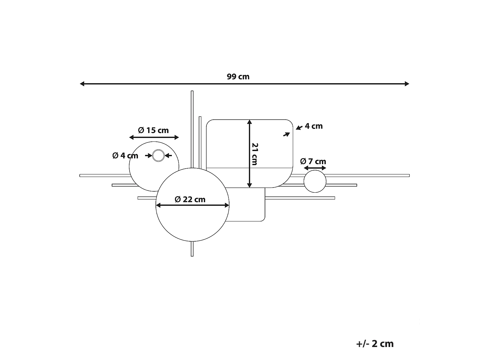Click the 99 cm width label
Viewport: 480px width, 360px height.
coord(238,77)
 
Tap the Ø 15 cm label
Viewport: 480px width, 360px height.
coord(153,130)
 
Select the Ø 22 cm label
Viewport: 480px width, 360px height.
coord(190,199)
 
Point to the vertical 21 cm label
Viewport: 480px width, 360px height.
coord(255,154)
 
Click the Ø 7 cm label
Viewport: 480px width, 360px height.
coord(313,161)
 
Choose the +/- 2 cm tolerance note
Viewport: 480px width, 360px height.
coord(375,344)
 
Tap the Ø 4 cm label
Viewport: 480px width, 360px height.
coord(125,156)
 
